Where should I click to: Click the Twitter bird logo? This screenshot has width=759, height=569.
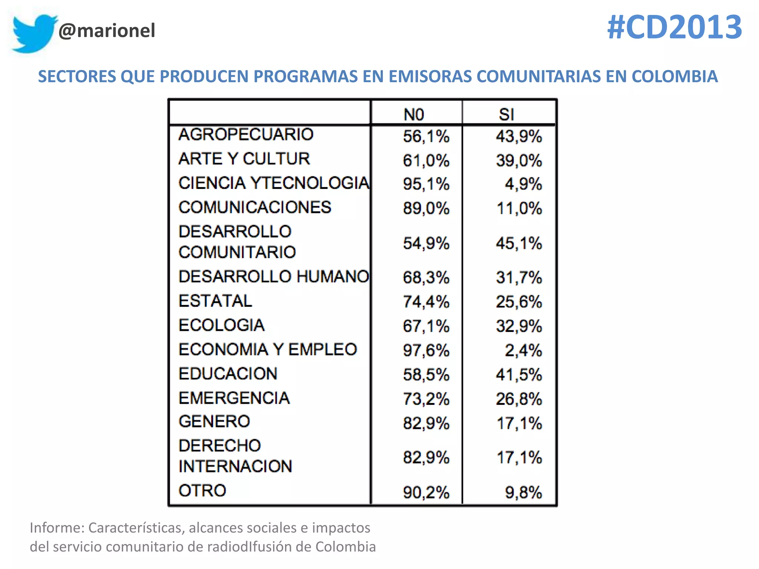pos(34,33)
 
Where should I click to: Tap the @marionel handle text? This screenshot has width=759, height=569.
pos(107,30)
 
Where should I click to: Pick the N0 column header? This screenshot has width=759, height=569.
pos(414,114)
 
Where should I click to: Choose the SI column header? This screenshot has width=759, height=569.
pos(506,114)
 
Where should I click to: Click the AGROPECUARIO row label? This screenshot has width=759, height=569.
pos(246,134)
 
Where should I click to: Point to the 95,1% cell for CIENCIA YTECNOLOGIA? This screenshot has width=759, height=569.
pos(426,184)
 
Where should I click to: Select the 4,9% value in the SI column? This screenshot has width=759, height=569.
pos(523,184)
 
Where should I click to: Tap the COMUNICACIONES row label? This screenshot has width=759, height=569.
pos(255,207)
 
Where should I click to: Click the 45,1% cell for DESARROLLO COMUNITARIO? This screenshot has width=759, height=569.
pos(519,243)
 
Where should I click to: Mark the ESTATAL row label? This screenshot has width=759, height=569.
pos(215,301)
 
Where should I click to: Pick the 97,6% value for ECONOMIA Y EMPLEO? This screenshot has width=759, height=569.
pos(426,350)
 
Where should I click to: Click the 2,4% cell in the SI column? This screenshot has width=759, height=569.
pos(523,350)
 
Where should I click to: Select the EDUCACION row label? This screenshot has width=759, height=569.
pos(228,374)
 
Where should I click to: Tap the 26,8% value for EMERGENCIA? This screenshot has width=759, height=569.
pos(519,399)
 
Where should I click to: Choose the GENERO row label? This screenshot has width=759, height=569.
pos(214,422)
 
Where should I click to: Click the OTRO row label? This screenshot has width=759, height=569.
pos(202,491)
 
